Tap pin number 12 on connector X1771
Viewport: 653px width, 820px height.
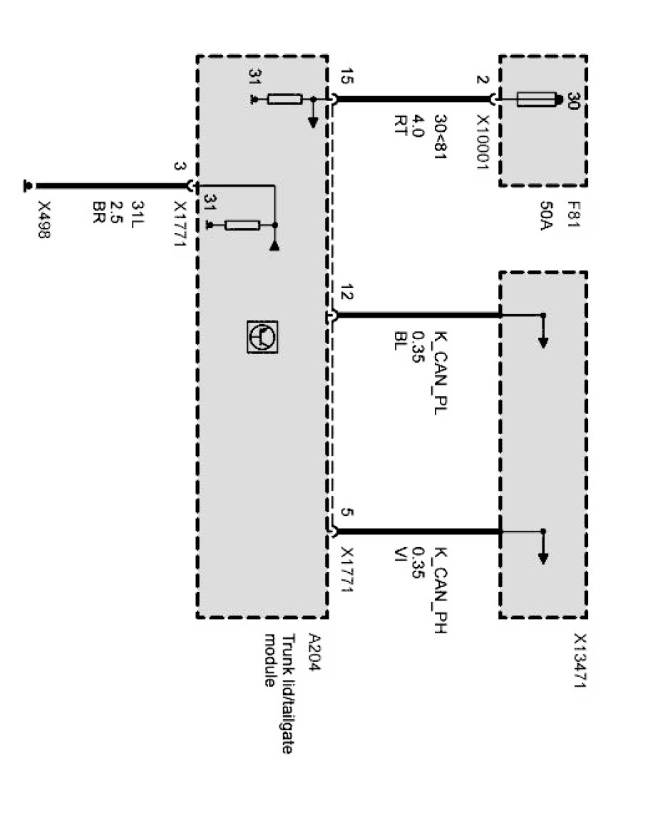tap(346, 294)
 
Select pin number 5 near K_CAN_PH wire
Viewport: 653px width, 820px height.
tap(346, 513)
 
